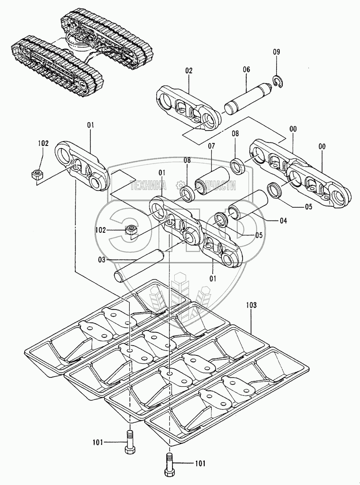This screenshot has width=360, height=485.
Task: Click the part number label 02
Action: point(189,70)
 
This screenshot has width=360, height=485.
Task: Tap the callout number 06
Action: point(246,70)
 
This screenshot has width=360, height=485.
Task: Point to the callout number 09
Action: point(276,52)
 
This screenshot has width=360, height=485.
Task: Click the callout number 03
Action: point(102,260)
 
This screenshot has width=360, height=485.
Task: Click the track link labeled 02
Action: point(187,107)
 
